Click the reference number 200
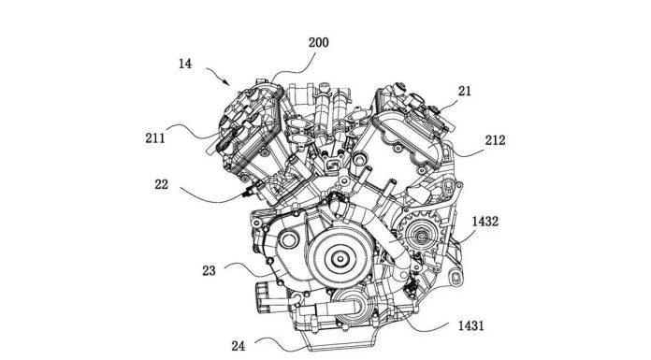(318, 43)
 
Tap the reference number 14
(185, 64)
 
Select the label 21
(465, 91)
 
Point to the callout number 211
(155, 137)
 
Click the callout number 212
(496, 140)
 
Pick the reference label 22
(162, 184)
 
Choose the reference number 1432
(485, 222)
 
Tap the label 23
(209, 271)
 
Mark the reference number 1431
(470, 325)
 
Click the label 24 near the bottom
(239, 345)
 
